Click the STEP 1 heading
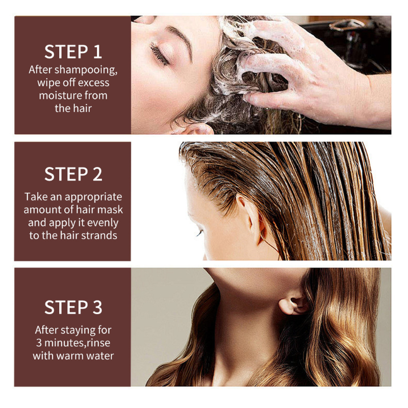coord(73,52)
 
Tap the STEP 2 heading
coord(73,174)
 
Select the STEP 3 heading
coord(73,308)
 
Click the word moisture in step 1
coord(59,95)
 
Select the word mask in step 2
coord(112,210)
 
